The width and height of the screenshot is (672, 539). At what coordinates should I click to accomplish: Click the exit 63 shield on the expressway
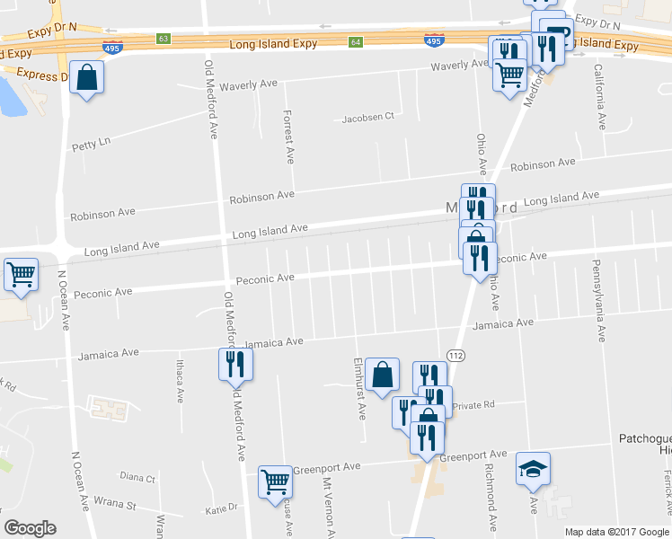(x=163, y=39)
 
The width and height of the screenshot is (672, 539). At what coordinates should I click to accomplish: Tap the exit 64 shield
(x=356, y=41)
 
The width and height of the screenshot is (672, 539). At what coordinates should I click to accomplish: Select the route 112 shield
(x=455, y=357)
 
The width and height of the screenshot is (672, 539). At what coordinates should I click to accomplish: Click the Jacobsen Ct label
(x=367, y=118)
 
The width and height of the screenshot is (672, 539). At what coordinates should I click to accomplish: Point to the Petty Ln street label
(x=91, y=142)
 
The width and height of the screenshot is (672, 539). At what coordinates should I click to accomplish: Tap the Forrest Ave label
(x=288, y=137)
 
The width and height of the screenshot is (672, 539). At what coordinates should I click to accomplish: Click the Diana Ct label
(x=137, y=478)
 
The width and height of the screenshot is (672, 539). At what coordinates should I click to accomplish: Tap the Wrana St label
(x=116, y=505)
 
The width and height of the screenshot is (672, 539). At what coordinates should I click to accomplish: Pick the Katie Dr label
(x=221, y=508)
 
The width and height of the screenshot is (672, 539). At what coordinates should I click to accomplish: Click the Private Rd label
(x=473, y=405)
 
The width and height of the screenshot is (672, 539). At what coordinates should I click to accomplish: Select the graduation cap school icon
(x=533, y=469)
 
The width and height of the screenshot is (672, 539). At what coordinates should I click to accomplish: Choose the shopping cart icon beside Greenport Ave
(x=275, y=481)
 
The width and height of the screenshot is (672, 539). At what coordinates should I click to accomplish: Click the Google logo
(x=30, y=528)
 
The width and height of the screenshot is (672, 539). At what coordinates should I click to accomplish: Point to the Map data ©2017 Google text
(x=617, y=532)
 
